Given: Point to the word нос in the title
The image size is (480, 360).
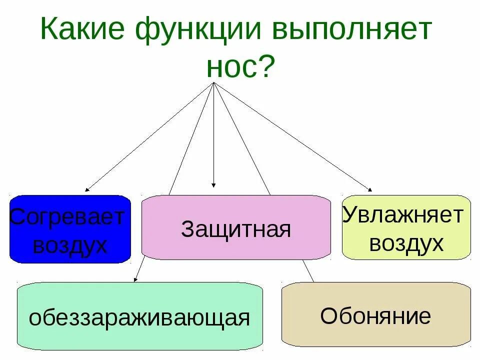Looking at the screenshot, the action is [x=230, y=67].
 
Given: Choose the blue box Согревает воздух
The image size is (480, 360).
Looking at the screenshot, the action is [x=70, y=229].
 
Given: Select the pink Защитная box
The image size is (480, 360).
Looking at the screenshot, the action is [x=236, y=227].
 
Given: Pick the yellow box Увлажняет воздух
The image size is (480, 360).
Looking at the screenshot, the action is [x=406, y=227].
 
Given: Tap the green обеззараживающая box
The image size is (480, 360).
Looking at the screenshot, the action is [x=140, y=316].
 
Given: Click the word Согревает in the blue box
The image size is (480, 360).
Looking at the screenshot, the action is [x=67, y=217].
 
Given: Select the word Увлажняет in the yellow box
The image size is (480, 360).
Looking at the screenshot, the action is [x=403, y=215].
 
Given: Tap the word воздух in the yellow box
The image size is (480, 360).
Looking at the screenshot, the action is [x=406, y=243].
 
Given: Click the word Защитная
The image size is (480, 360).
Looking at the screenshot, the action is [x=236, y=229].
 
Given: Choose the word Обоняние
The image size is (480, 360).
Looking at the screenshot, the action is [x=375, y=315].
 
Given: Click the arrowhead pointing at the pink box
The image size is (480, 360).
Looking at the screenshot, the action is [x=213, y=185].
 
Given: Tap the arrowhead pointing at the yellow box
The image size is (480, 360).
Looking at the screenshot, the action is [x=370, y=189].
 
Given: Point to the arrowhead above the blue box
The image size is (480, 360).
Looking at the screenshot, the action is [x=87, y=189].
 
